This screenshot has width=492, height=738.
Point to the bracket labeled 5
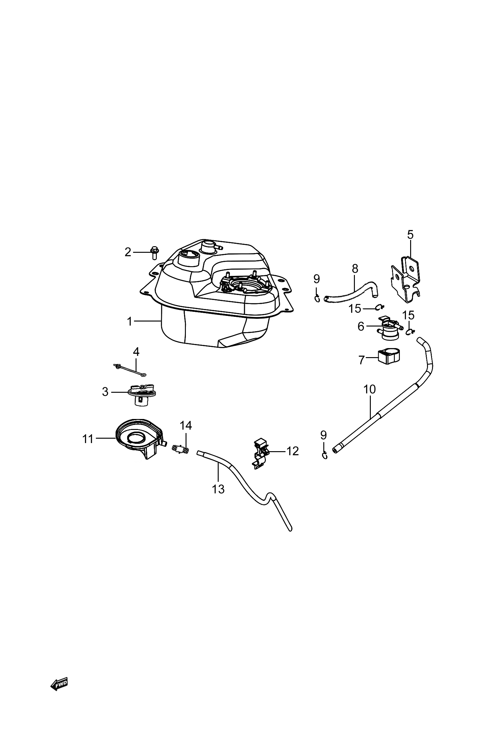(406, 279)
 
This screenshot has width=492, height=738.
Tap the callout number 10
(370, 389)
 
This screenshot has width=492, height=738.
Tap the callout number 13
(218, 489)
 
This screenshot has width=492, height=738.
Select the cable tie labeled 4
(129, 370)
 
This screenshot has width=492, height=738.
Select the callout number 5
(410, 234)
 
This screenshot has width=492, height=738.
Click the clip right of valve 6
(410, 331)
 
